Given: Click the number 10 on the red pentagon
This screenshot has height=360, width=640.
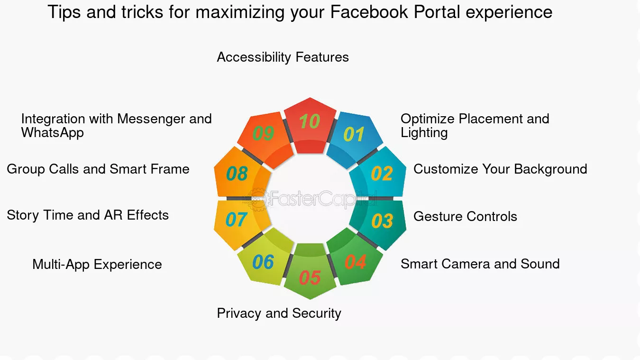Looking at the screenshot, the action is (x=310, y=121).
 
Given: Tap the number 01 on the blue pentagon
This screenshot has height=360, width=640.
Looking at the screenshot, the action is (x=354, y=134).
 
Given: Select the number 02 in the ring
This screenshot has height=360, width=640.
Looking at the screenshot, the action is (x=382, y=173).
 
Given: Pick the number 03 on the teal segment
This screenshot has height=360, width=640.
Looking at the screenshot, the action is (x=382, y=221).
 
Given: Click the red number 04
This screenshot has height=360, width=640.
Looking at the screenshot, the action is (x=356, y=262).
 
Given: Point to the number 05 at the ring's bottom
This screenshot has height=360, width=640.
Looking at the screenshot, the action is (x=310, y=277).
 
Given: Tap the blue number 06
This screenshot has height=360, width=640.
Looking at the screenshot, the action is (x=263, y=262).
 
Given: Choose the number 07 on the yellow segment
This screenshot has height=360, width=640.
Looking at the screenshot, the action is (x=236, y=220).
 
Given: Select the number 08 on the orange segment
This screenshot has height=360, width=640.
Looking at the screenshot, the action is (x=237, y=174).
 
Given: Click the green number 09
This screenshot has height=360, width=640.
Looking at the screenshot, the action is (x=264, y=133).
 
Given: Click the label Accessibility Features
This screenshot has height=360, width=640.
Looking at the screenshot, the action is (x=283, y=57).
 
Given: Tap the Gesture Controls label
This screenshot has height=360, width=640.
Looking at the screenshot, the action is (x=465, y=216).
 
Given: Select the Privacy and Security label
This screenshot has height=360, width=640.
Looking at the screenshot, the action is (x=279, y=314).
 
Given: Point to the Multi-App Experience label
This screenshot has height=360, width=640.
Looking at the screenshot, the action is (x=97, y=265).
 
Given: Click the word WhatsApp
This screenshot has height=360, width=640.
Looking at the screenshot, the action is (x=53, y=133).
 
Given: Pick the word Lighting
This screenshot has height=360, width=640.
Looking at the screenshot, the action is (x=424, y=133).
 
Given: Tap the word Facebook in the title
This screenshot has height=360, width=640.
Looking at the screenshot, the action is (x=369, y=12).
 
